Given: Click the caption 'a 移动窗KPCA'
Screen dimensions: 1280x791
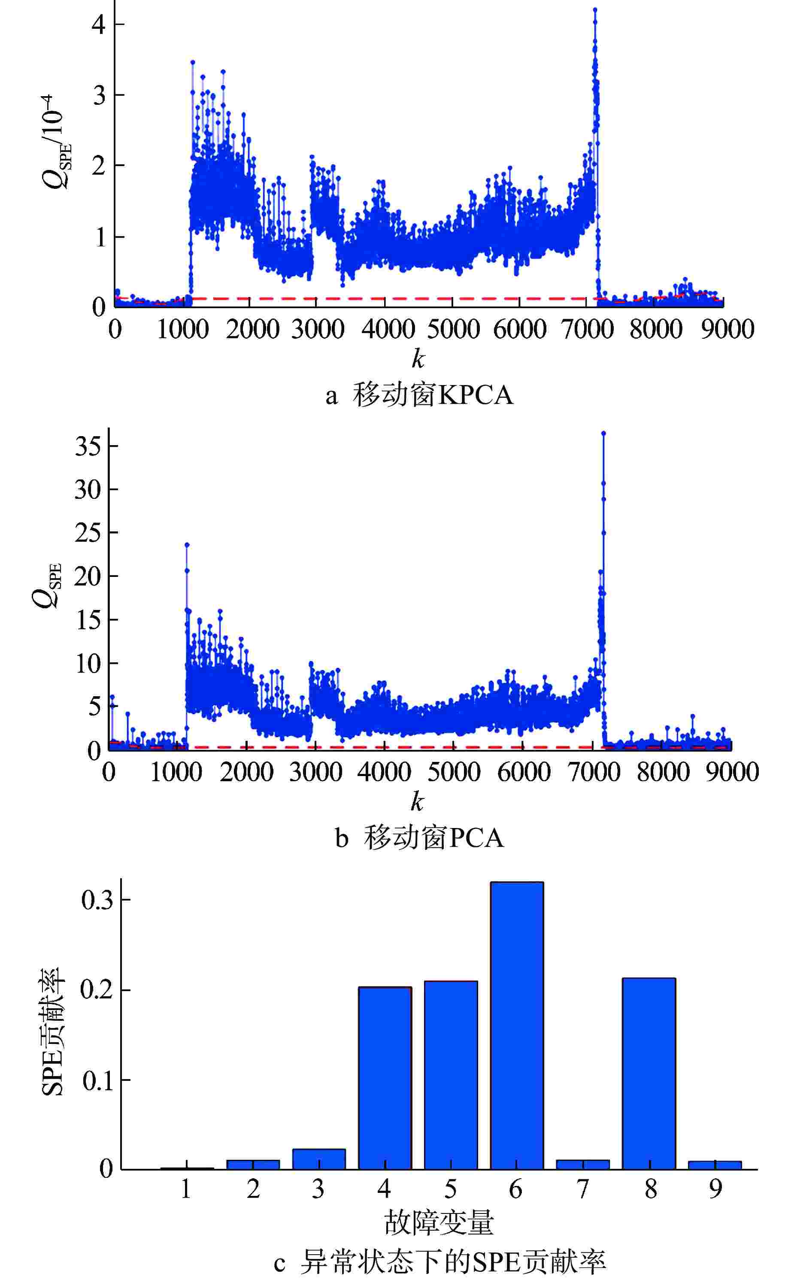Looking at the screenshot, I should [x=418, y=395].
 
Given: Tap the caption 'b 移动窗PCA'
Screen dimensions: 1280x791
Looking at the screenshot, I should [x=418, y=838].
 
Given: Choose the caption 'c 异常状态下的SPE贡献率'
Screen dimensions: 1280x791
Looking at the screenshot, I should [x=439, y=1261].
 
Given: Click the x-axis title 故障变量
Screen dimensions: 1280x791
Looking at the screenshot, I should [x=439, y=1222].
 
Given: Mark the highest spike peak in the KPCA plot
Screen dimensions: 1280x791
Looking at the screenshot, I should [x=595, y=9].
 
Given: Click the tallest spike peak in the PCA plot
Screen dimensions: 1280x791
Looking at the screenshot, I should [x=603, y=433].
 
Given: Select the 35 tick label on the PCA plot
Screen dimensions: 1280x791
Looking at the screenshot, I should [x=88, y=446].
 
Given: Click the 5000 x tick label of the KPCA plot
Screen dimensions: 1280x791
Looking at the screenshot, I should [x=453, y=330].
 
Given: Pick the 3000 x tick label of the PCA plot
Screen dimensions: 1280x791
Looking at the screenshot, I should [x=315, y=772].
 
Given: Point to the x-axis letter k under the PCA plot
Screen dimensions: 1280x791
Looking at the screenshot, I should [x=417, y=801].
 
